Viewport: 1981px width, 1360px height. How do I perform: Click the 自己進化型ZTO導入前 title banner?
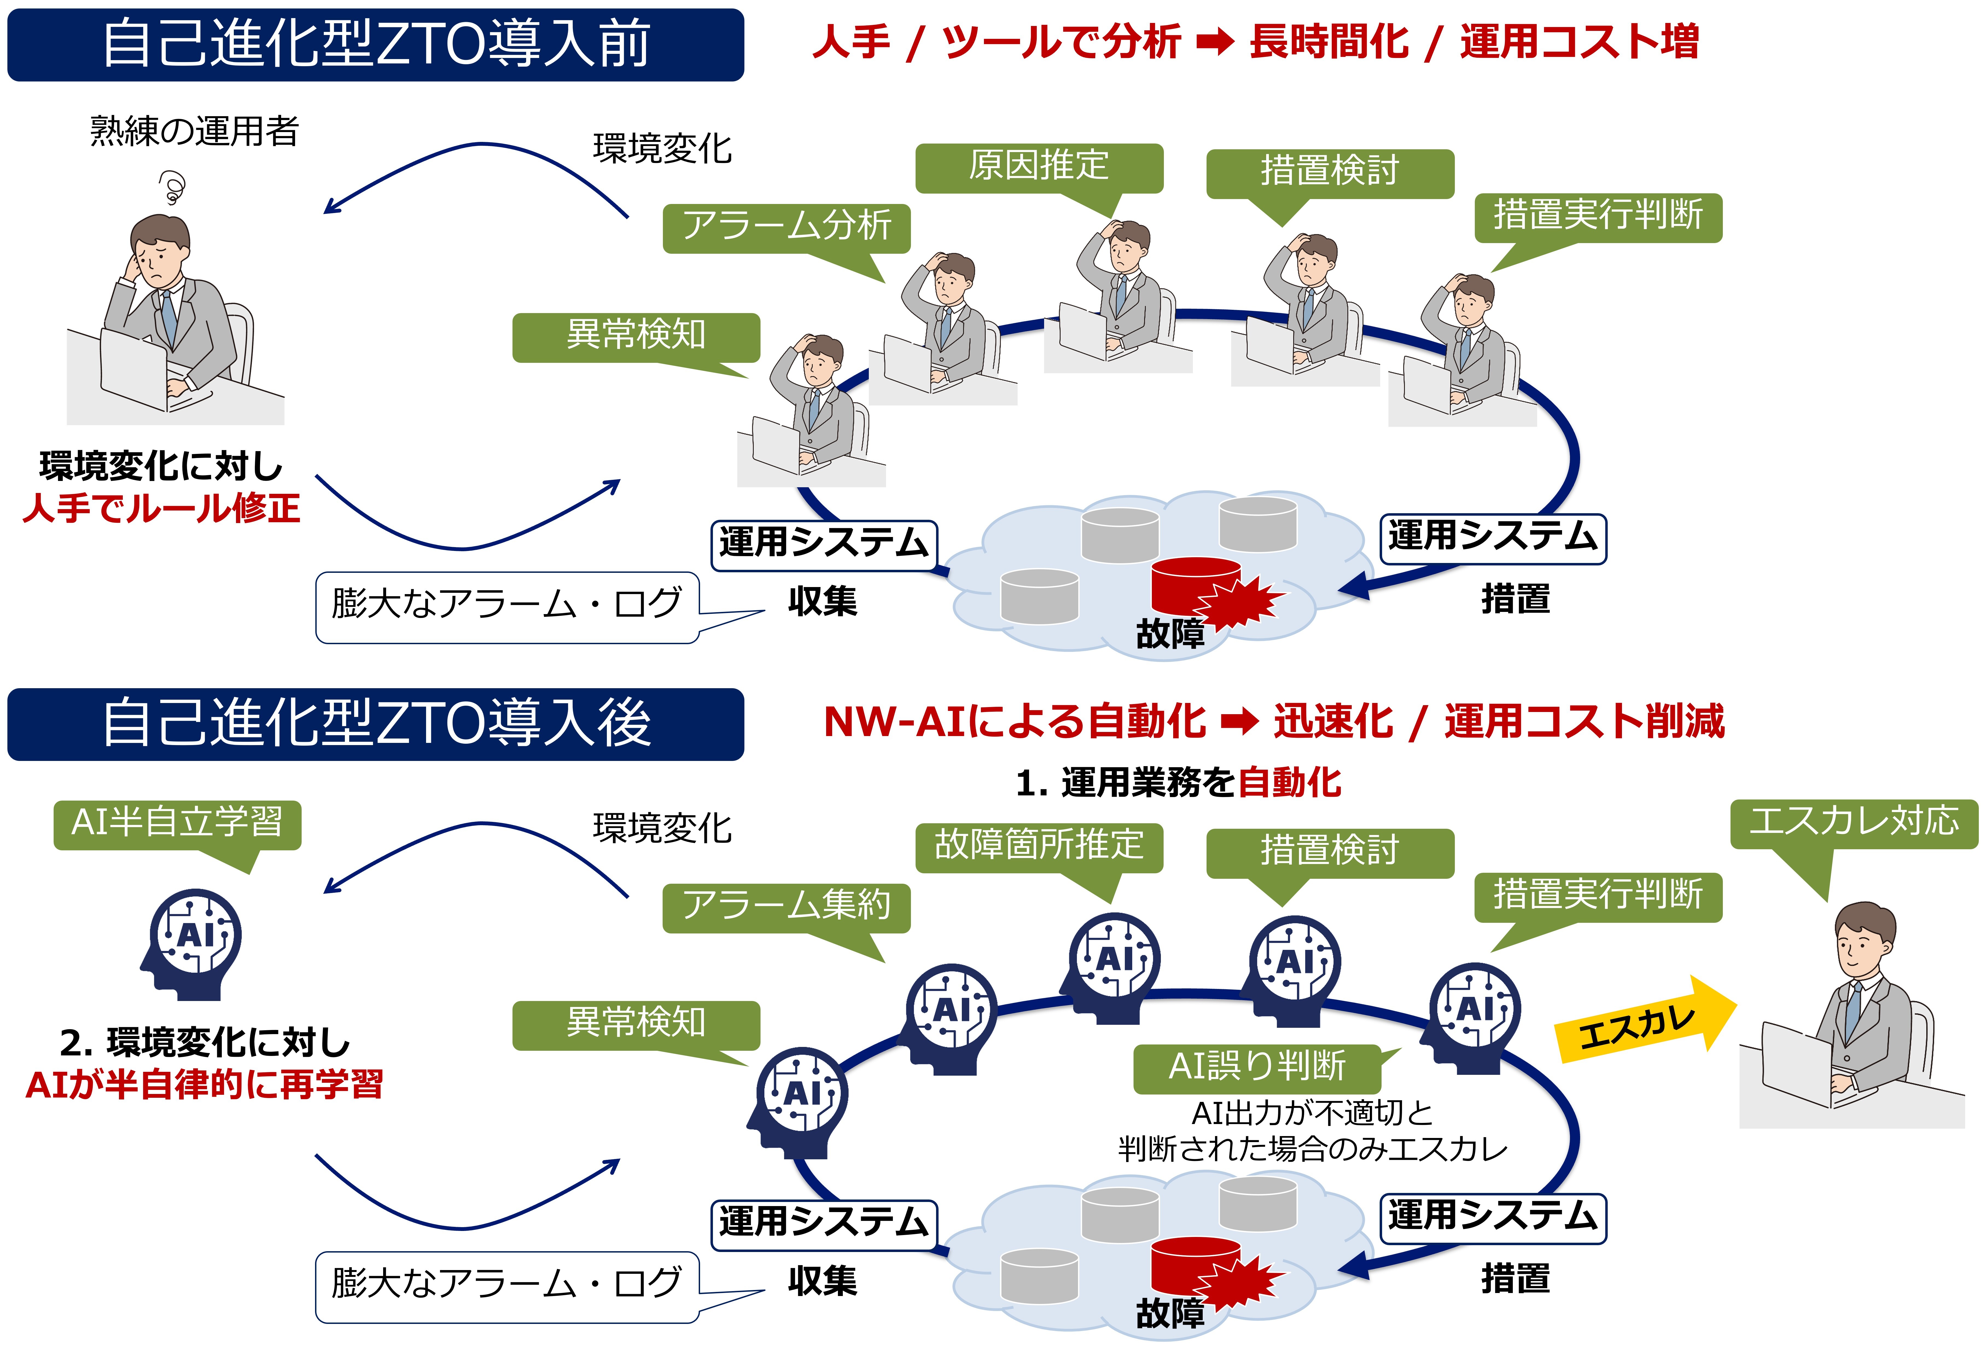pyautogui.click(x=375, y=44)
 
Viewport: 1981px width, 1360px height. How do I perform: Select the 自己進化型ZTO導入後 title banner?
pyautogui.click(x=375, y=724)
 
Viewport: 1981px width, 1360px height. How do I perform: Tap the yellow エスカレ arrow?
pyautogui.click(x=1645, y=1020)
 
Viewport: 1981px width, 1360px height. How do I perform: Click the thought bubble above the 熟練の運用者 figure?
pyautogui.click(x=172, y=188)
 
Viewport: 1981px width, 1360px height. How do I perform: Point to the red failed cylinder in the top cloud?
pyautogui.click(x=1196, y=588)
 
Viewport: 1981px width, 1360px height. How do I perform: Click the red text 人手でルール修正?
pyautogui.click(x=162, y=509)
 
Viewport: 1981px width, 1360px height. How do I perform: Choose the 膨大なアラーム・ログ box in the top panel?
pyautogui.click(x=507, y=607)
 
